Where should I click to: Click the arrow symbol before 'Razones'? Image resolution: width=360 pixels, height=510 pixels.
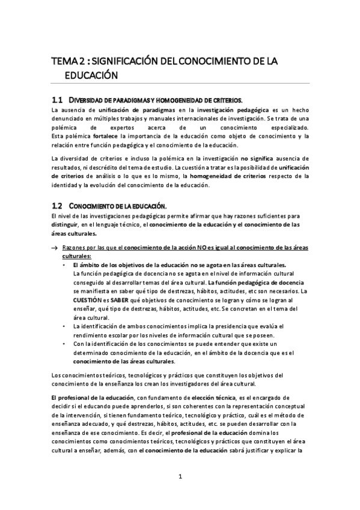click(x=55, y=248)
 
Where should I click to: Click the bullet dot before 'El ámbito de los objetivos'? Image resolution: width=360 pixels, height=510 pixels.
click(x=66, y=265)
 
